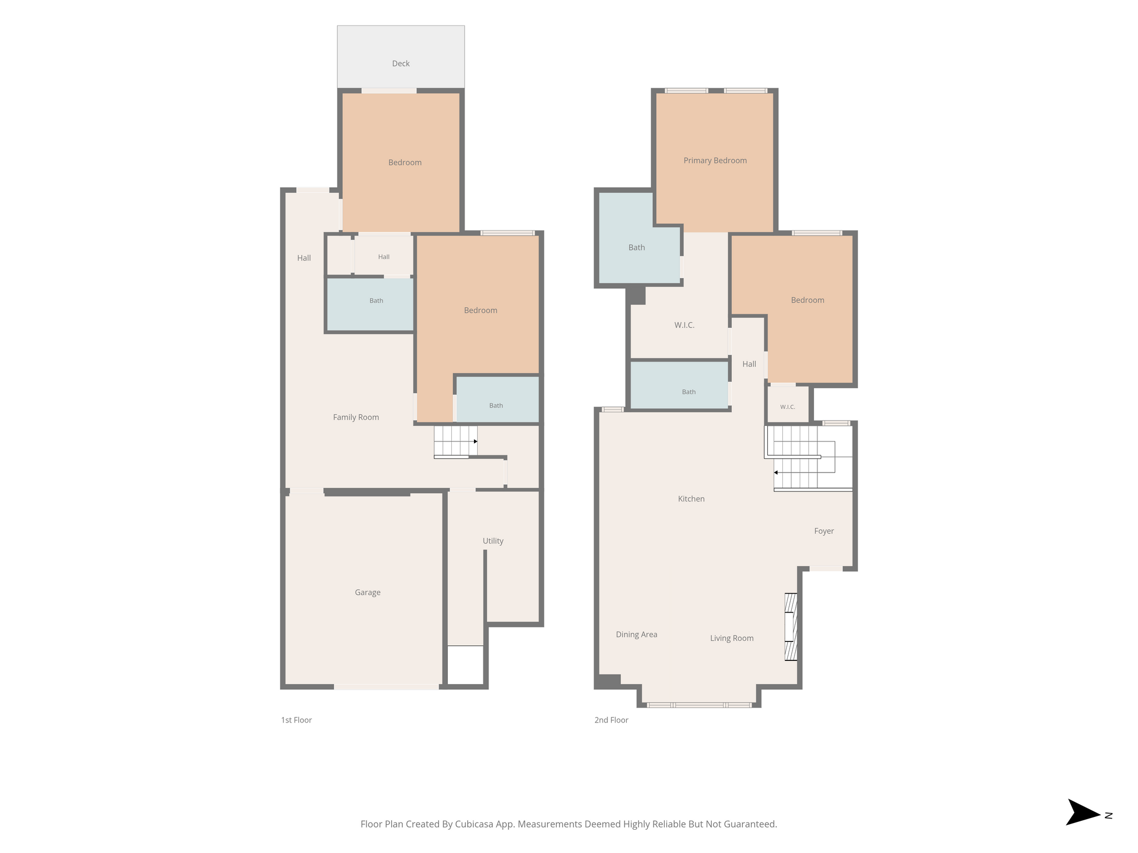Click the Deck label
pos(401,63)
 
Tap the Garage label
pos(368,593)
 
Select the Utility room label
pos(493,541)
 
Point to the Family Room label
pos(356,418)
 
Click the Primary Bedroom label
pos(715,160)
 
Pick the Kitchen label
pos(691,499)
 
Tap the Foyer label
pos(824,531)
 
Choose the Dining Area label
pos(637,634)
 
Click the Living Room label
pos(732,638)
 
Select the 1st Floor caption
pos(296,720)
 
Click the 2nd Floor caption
pos(611,720)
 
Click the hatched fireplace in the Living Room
pos(791,627)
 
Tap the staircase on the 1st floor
pos(456,442)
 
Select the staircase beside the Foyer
pos(808,458)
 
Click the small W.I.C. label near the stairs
pos(787,407)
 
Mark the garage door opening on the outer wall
pos(387,687)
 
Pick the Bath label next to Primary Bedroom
pos(637,248)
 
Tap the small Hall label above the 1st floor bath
pos(384,257)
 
